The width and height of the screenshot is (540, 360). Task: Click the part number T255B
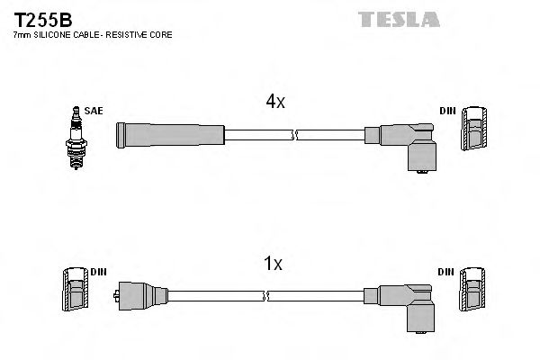click(42, 17)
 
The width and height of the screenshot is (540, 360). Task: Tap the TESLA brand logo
click(398, 19)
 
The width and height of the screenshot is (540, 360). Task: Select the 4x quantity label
click(274, 102)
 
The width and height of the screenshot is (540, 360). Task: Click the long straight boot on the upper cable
click(169, 135)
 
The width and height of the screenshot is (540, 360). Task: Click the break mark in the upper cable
click(294, 135)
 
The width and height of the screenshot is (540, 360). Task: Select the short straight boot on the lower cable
click(141, 295)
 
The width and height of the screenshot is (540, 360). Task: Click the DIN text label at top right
click(447, 111)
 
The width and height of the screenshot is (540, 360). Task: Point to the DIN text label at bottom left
click(98, 271)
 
